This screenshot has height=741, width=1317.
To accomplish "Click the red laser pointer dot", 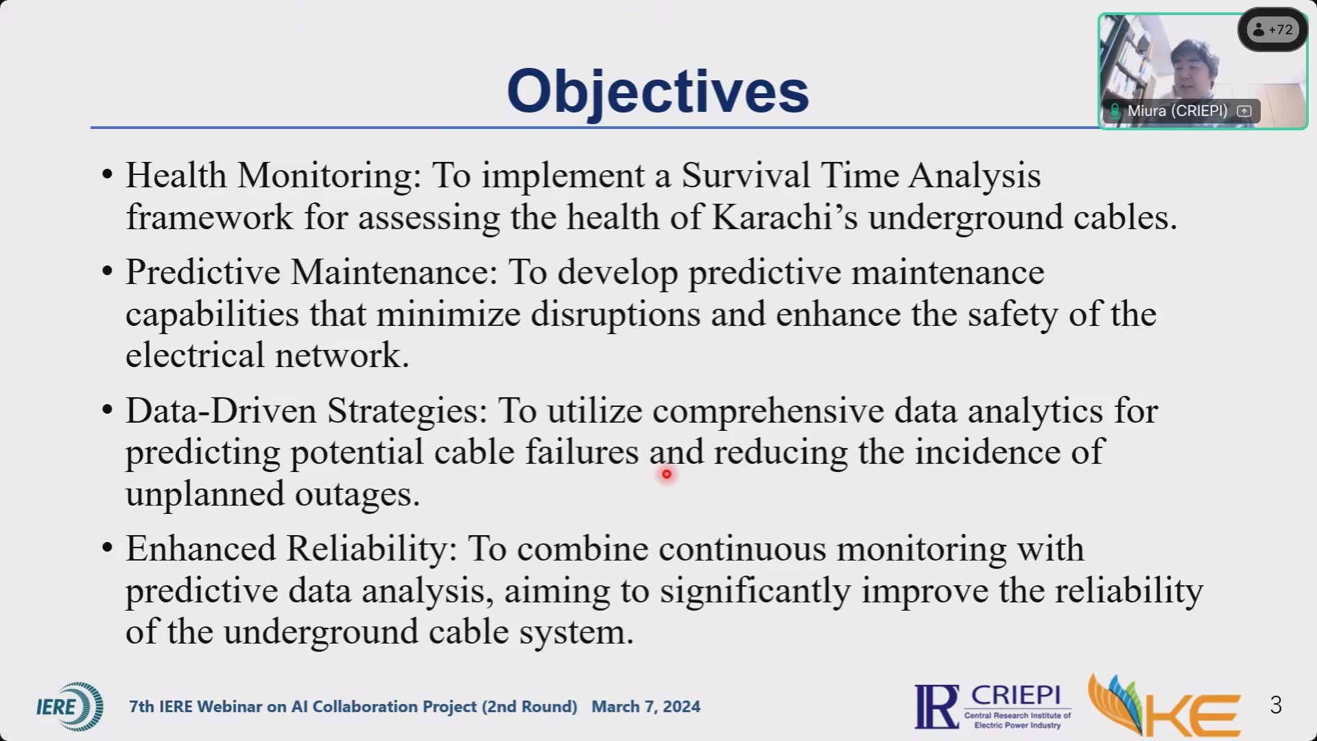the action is coord(666,474).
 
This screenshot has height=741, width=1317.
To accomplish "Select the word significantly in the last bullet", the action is coord(755,591).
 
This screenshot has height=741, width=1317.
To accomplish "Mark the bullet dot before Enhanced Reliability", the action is coord(107,549).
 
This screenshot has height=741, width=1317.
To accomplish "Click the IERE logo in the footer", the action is coord(70,707).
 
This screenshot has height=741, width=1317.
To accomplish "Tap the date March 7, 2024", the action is coord(646,707).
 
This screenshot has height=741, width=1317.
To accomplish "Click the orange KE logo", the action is coord(1164,707).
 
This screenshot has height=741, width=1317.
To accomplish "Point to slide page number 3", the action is coord(1276,705).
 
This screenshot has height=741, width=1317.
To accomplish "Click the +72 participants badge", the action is coord(1273,30).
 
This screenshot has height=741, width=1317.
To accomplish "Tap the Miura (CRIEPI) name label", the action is coord(1177,111).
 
